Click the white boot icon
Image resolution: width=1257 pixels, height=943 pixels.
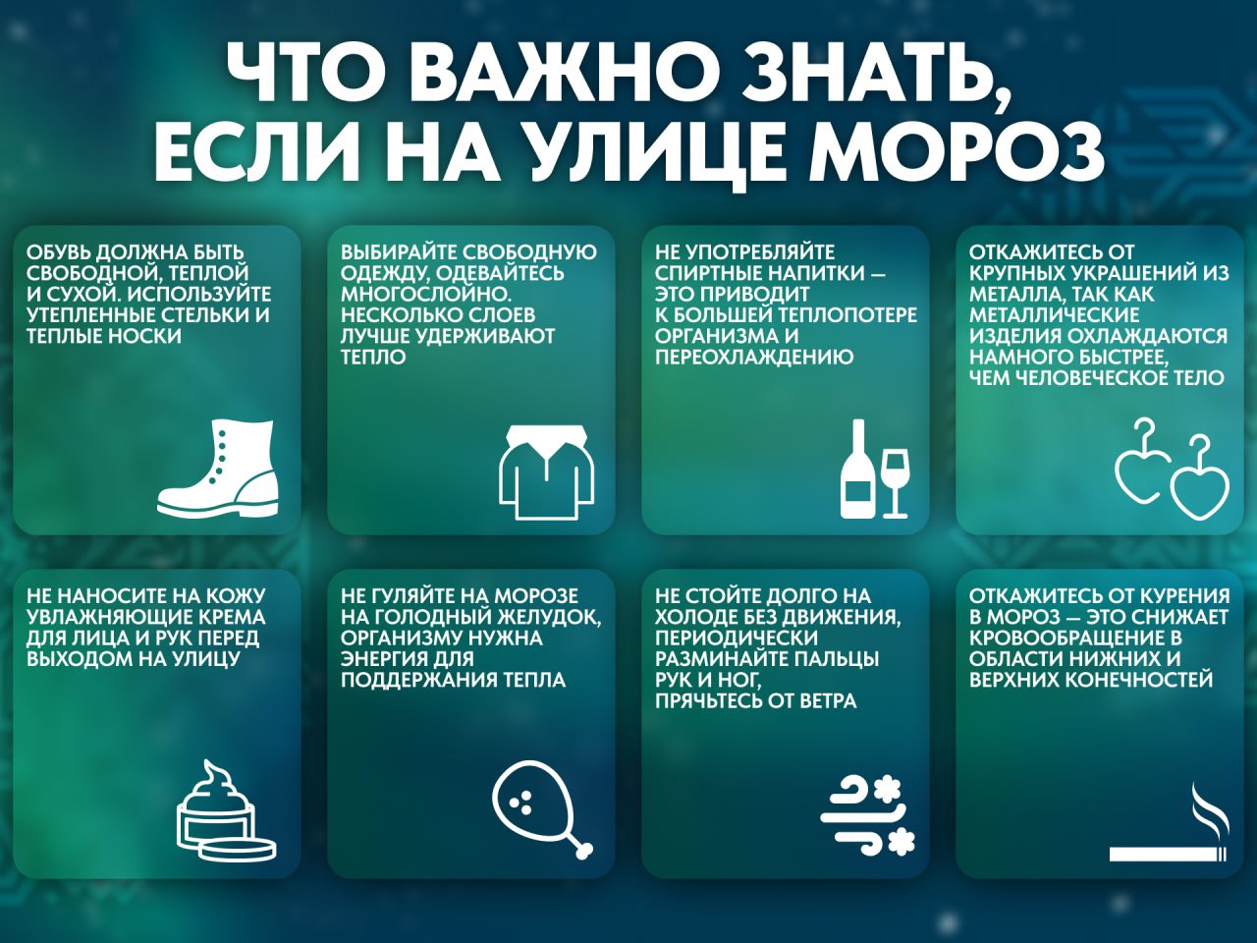(x=218, y=470)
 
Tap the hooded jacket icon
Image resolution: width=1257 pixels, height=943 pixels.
(x=547, y=472)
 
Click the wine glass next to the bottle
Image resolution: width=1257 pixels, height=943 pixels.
(x=896, y=484)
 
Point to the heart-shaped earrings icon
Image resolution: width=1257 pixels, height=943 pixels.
(x=1172, y=471)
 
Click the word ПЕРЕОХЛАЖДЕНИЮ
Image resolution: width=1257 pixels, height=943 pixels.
(x=754, y=357)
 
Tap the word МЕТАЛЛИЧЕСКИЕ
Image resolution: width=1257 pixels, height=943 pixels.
(x=1055, y=315)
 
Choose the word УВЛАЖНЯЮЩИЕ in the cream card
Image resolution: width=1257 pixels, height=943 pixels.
(x=109, y=617)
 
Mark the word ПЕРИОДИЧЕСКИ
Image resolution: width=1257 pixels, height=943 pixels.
(x=737, y=638)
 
